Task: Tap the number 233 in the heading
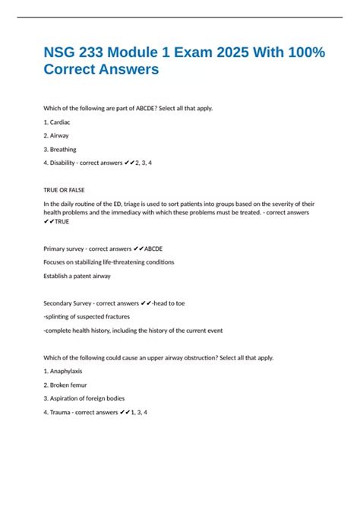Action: coord(99,51)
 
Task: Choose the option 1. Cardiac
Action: coord(57,122)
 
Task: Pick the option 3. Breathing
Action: coord(60,149)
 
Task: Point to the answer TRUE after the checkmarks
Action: coord(62,221)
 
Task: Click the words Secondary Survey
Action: coord(68,303)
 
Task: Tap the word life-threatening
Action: coord(122,262)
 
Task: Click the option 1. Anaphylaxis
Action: coord(65,371)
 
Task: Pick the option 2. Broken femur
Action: coord(66,385)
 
